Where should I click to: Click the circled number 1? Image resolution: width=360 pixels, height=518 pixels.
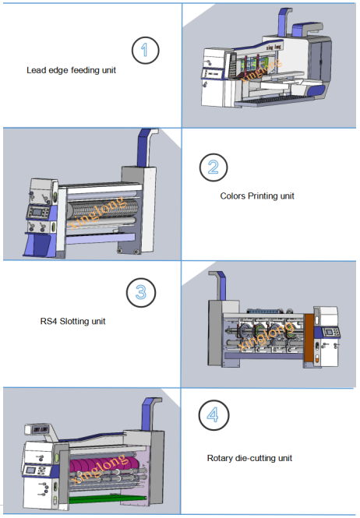(146, 50)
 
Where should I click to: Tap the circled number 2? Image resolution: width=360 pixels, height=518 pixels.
(214, 167)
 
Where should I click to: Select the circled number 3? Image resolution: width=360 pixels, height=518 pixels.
(141, 292)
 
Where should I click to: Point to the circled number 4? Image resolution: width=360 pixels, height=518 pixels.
(214, 415)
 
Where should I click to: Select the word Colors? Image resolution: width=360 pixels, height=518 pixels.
(233, 196)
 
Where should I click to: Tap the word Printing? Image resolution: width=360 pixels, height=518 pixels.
(263, 196)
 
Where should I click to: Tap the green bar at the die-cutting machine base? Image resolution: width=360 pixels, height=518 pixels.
(107, 498)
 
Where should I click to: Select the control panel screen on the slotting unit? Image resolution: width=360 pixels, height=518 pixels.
(329, 332)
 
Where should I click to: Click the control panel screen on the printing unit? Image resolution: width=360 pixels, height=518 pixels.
(37, 213)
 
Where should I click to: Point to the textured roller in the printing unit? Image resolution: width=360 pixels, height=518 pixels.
(104, 210)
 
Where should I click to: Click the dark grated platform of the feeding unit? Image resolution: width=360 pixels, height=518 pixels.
(275, 100)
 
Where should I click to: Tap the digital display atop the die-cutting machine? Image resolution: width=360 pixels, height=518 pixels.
(40, 429)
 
